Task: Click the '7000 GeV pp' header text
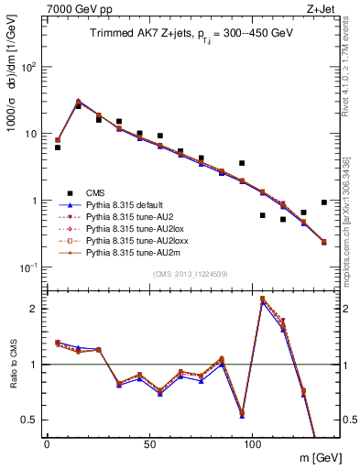73,7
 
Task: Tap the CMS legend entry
95,192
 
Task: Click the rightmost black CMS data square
324,202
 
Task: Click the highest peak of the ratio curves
263,299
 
